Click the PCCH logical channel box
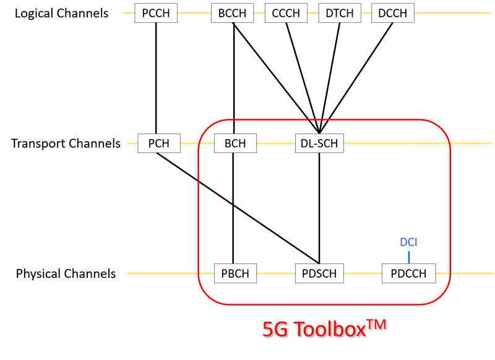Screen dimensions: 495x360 click(156, 13)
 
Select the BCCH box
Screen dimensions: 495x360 click(233, 13)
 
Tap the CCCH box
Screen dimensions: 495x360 click(286, 13)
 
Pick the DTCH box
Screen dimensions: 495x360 click(340, 13)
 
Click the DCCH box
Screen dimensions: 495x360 click(393, 13)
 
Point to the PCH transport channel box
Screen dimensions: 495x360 click(159, 144)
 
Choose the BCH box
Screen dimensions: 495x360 click(236, 144)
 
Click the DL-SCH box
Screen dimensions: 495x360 click(319, 144)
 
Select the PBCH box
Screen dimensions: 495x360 click(236, 273)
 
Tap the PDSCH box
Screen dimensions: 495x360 click(319, 273)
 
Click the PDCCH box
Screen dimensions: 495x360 click(409, 273)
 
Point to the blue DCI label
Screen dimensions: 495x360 click(408, 242)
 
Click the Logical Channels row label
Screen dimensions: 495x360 click(61, 13)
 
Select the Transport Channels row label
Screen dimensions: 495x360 click(66, 144)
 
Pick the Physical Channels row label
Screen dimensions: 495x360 click(66, 273)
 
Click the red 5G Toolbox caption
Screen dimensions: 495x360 click(324, 328)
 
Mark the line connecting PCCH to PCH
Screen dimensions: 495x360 click(156, 78)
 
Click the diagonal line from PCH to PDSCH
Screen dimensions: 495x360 click(238, 208)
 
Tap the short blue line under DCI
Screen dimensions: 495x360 click(409, 257)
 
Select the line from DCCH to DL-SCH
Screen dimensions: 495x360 click(356, 78)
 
